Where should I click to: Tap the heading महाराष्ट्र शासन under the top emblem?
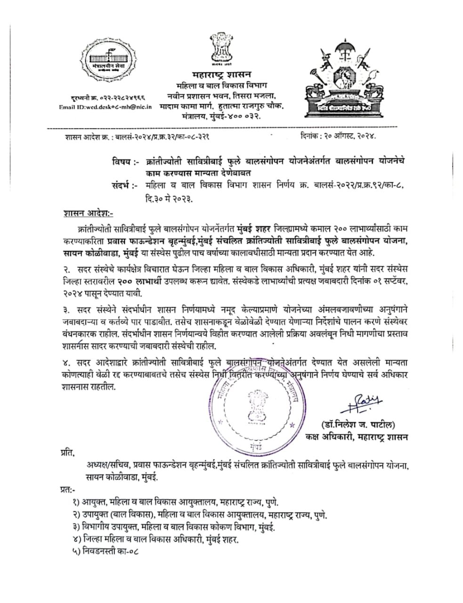pos(222,74)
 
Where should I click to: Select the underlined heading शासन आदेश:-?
pos(86,213)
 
